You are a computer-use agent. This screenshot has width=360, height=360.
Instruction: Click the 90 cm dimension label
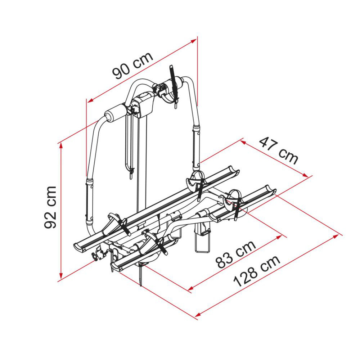coord(132,66)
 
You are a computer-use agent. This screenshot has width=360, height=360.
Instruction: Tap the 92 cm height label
coord(50,207)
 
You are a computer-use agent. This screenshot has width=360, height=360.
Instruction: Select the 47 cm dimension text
coord(279,150)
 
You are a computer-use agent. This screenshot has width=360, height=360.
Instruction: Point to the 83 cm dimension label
coord(236,255)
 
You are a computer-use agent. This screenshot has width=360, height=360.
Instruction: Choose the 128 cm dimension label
coord(257,271)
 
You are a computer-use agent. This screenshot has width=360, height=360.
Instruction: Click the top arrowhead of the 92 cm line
coord(61,145)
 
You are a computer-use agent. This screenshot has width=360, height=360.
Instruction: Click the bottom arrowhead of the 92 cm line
coord(61,275)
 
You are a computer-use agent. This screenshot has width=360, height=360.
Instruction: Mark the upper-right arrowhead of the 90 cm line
coord(194,41)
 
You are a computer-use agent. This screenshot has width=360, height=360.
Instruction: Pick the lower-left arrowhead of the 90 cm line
coord(90,100)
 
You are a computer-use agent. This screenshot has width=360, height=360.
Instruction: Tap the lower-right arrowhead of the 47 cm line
coord(305,175)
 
